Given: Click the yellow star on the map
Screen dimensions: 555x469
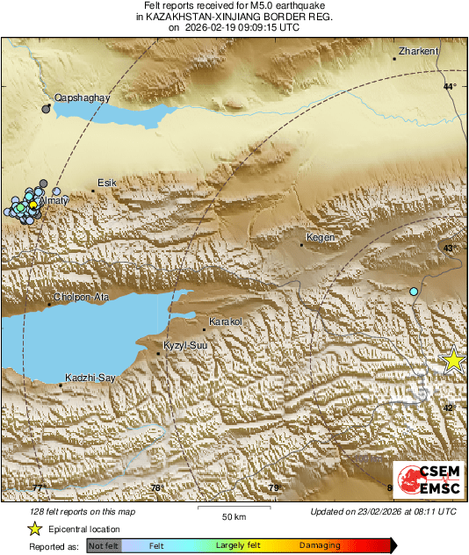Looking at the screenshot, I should (453, 360).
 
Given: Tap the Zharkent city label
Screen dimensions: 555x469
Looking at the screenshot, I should (418, 52).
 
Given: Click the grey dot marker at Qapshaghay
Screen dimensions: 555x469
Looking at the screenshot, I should (46, 109).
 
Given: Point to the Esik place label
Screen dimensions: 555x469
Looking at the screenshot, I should (106, 183).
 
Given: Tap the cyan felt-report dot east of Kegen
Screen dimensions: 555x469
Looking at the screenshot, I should (414, 291).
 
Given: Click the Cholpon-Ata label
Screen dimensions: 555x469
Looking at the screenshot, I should (81, 297).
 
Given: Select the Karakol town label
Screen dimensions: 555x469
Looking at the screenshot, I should (226, 322).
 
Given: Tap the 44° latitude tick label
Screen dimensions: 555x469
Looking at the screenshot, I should (450, 86).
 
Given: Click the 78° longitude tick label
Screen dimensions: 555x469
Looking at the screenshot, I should (156, 488).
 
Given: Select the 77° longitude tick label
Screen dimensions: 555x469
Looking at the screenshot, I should (39, 488).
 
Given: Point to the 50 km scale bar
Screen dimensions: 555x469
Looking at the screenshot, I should (233, 508).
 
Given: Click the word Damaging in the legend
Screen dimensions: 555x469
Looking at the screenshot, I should (320, 545).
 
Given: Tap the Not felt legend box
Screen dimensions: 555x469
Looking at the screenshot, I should (104, 545).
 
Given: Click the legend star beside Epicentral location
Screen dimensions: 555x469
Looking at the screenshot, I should (34, 529).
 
